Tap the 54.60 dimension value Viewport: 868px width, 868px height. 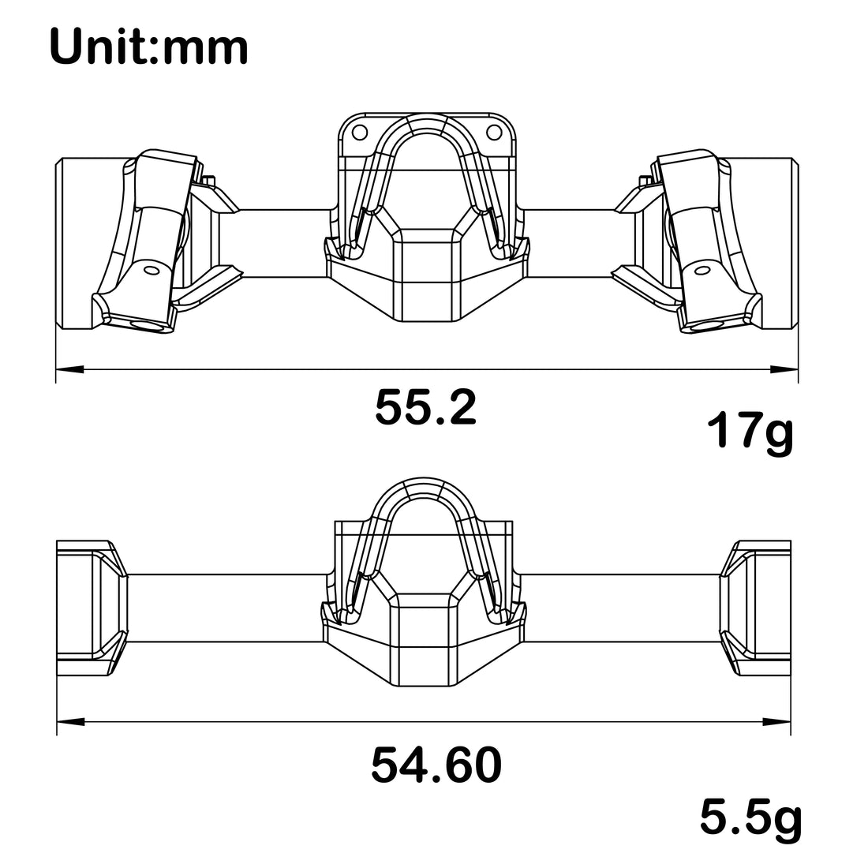436,765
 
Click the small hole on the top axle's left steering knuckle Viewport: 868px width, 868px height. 150,271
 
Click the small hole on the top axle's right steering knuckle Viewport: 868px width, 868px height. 701,271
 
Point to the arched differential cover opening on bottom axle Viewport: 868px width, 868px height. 426,537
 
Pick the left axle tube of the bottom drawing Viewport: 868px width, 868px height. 225,608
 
